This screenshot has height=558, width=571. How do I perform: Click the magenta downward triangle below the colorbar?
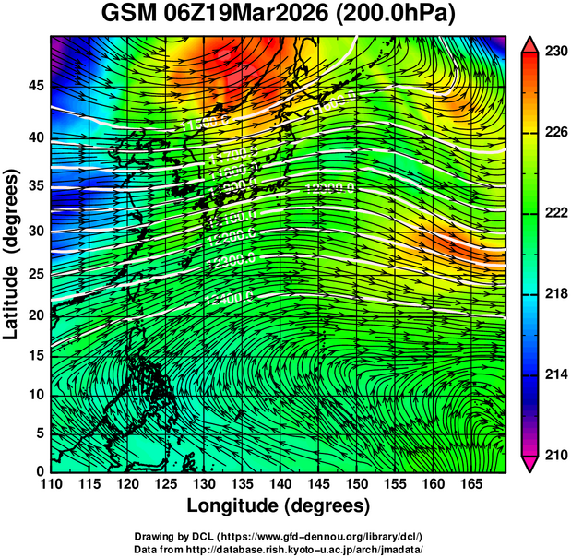pos(529,463)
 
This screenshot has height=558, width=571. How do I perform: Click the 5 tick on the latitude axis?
pos(38,433)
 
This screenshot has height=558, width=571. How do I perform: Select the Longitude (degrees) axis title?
pos(278,506)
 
